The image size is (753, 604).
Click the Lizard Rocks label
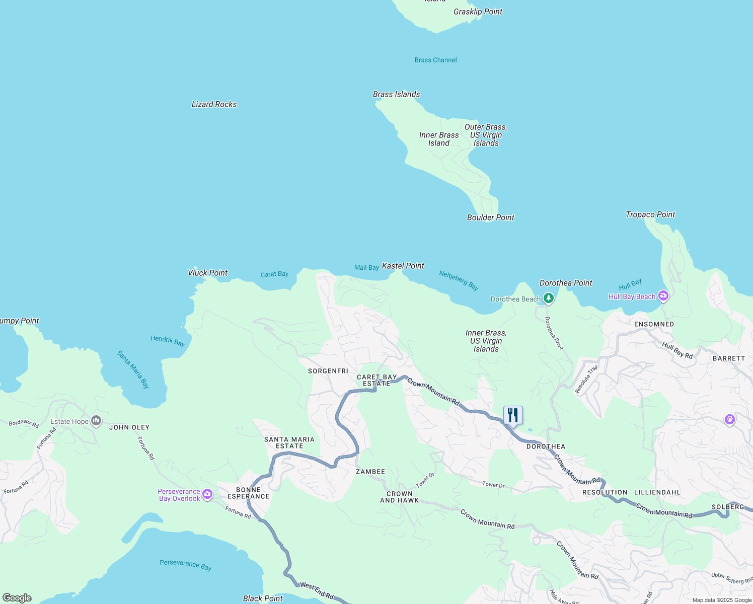point(214,104)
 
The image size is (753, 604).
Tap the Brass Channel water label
point(435,60)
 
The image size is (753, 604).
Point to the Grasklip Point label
point(478,12)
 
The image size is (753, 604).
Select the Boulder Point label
point(490,217)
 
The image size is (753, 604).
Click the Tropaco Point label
point(650,214)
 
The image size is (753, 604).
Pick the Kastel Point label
point(403,266)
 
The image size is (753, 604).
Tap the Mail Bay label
point(366,268)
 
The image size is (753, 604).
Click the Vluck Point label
point(207,273)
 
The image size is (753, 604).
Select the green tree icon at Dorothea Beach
point(549,298)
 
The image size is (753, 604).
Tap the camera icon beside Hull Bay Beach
point(663,296)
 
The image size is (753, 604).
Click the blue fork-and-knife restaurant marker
point(513,415)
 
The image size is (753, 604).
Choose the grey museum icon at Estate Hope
point(96,421)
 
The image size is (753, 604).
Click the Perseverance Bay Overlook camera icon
point(207,495)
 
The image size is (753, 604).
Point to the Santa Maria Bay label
point(133,369)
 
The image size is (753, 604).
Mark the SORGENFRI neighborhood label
point(328,371)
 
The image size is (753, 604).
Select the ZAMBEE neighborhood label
point(370,472)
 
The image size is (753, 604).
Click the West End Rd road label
point(317,591)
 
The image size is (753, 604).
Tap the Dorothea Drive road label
point(554,333)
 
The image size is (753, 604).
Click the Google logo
point(17,598)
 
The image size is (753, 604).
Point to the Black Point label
point(262,598)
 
